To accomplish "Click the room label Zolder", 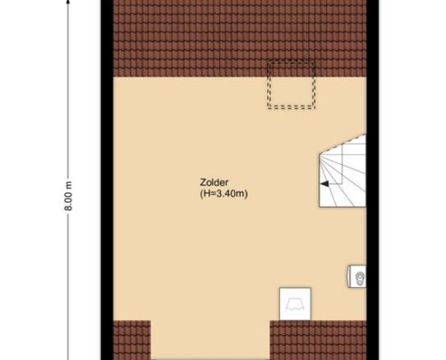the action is click(214, 183).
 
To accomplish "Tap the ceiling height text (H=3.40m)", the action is click(223, 193).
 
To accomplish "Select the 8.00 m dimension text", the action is click(68, 195).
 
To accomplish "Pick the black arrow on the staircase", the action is click(324, 184).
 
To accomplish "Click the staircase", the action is click(342, 171).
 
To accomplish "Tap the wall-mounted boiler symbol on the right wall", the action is click(357, 276).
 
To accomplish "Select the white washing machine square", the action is click(295, 303).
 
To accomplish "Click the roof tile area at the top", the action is click(240, 39).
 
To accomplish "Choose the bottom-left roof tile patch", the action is click(132, 340).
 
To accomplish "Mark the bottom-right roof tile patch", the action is click(318, 340).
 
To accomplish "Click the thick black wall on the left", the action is click(107, 180).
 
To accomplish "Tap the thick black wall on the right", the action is click(372, 180).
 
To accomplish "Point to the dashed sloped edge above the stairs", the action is click(342, 144).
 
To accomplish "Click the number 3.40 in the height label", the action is click(226, 193).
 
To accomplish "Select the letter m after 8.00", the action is click(68, 184).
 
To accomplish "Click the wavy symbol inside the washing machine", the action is click(295, 304).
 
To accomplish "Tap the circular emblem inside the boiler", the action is click(360, 276).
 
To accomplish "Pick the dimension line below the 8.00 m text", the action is click(68, 286).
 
